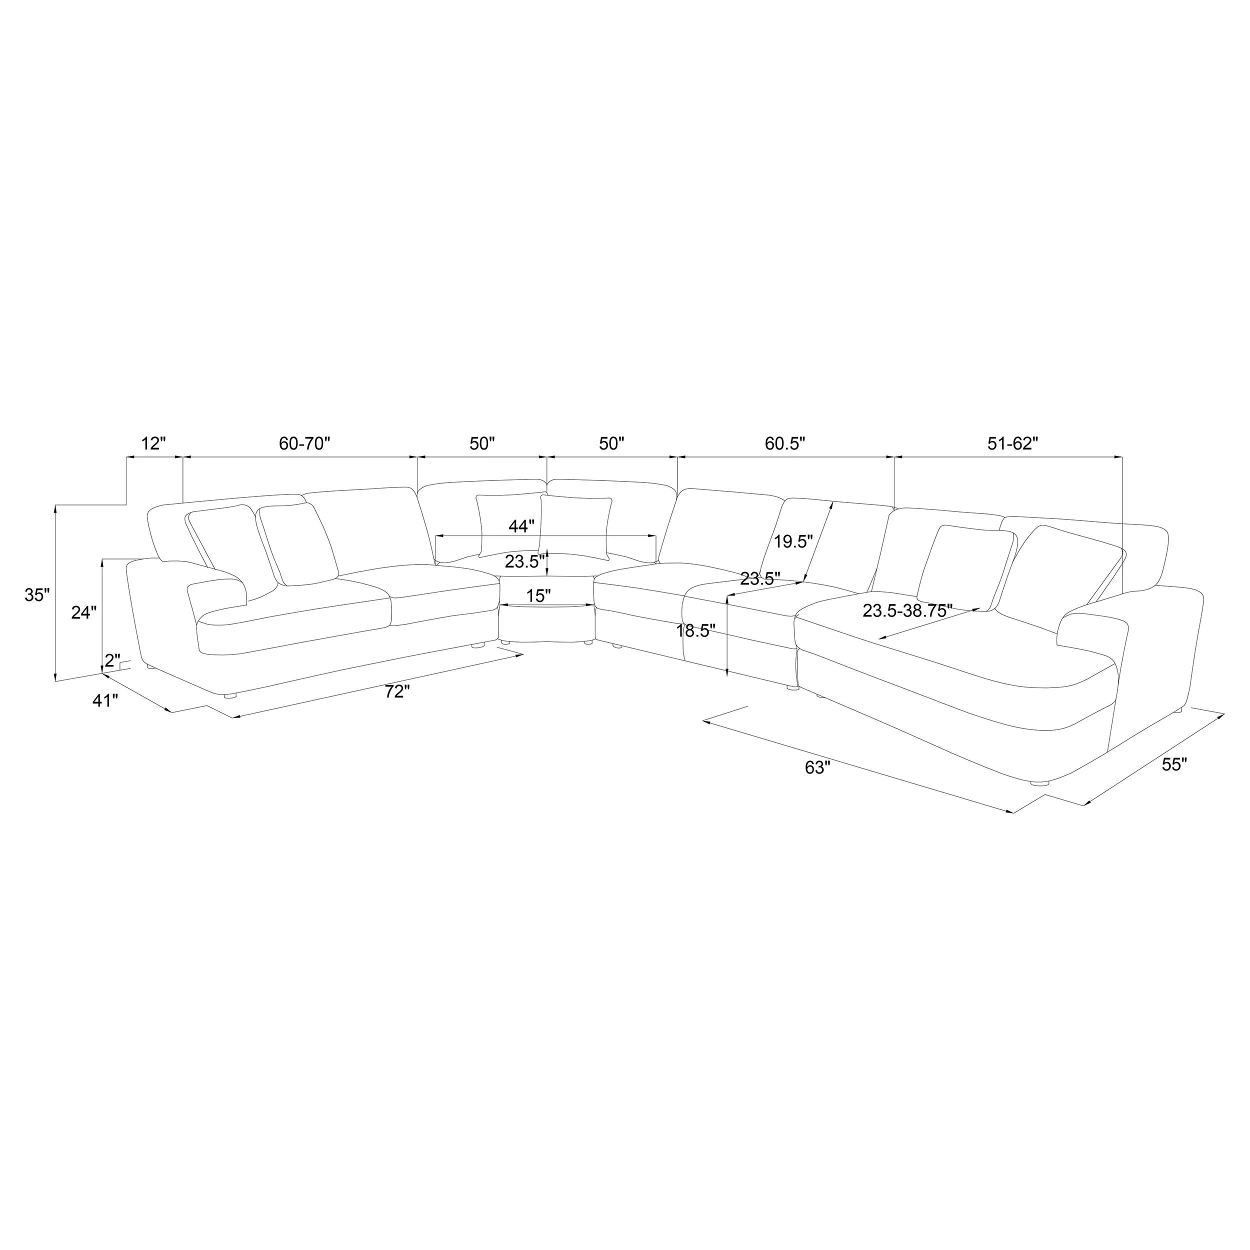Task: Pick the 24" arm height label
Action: tap(84, 612)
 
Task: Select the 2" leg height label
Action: tap(112, 660)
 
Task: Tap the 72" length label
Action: tap(397, 691)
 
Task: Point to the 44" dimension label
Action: tap(521, 526)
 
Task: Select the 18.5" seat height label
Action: tap(695, 631)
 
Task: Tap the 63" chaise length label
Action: tap(817, 767)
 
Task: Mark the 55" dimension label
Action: tap(1174, 764)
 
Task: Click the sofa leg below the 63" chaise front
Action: tap(1038, 783)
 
